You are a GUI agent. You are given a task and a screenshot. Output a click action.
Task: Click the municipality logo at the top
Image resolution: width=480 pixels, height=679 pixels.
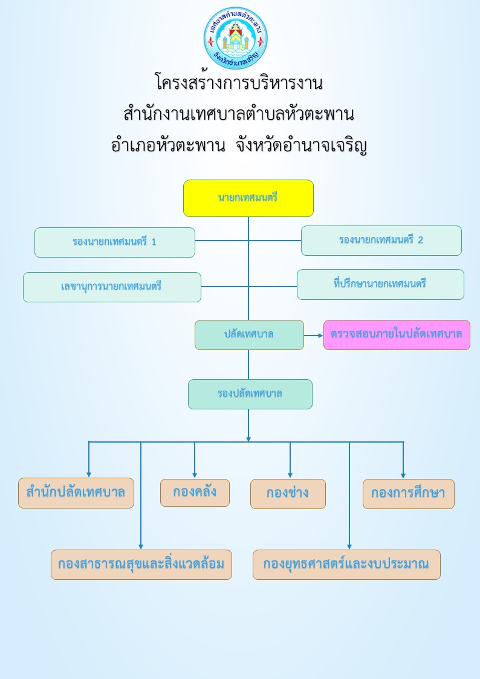click(x=235, y=37)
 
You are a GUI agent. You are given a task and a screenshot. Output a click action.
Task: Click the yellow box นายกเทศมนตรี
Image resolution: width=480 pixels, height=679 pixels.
click(x=248, y=198)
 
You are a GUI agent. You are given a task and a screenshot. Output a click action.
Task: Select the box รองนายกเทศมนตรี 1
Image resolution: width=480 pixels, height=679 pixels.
click(x=115, y=242)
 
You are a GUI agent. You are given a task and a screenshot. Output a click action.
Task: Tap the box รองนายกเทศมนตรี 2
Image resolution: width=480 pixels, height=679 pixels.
click(x=381, y=241)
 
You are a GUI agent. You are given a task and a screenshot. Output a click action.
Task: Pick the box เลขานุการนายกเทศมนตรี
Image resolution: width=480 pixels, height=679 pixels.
click(x=112, y=287)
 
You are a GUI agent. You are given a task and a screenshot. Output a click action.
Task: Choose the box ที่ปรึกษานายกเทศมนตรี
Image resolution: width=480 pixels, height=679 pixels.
click(x=380, y=285)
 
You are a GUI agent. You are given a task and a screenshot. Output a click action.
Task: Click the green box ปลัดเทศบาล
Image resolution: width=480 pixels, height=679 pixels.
click(x=249, y=335)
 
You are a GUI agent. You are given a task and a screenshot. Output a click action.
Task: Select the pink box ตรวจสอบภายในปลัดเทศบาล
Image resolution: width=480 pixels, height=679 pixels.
click(x=397, y=335)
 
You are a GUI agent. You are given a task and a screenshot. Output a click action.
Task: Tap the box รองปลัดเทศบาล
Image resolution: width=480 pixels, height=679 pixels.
click(x=250, y=394)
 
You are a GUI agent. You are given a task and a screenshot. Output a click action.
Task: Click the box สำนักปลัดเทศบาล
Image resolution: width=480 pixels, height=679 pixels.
click(x=76, y=493)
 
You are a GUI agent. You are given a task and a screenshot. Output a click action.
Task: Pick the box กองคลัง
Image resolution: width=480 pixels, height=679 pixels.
click(x=195, y=492)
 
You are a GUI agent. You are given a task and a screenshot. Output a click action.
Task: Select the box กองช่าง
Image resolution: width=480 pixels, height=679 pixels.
click(x=288, y=493)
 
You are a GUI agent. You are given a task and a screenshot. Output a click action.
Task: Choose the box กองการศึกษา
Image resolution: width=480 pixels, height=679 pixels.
click(x=409, y=493)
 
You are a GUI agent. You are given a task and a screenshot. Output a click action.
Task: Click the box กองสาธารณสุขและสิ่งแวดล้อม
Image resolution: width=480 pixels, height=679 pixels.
click(x=141, y=565)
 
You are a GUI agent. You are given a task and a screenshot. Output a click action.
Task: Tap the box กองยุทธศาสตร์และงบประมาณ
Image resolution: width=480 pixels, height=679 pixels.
click(x=346, y=565)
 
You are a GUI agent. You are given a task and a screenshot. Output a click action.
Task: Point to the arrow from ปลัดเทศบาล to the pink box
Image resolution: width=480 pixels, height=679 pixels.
click(x=314, y=335)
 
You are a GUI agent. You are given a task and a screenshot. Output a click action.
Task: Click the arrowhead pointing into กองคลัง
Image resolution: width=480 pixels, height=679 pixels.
click(x=194, y=475)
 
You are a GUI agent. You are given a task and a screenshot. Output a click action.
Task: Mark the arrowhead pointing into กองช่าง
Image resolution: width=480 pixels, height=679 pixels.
click(x=290, y=475)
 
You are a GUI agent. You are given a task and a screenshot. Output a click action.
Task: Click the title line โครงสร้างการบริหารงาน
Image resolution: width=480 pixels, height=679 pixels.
click(x=239, y=82)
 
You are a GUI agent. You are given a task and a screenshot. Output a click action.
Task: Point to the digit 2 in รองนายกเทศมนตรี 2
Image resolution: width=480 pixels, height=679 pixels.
click(x=420, y=240)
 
